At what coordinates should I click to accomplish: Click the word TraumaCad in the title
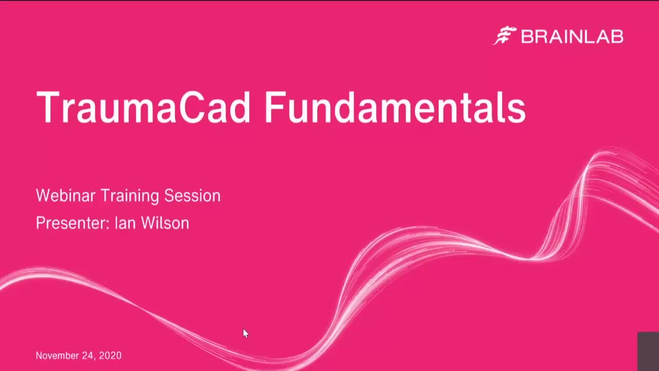pos(143,107)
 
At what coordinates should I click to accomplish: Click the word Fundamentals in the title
pos(394,107)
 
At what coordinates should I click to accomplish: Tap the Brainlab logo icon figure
pos(505,36)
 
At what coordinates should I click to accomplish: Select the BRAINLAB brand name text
pos(572,37)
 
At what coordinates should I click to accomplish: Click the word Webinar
pos(65,196)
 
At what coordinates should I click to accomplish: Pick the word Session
pos(192,196)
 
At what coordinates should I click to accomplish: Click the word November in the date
pos(56,356)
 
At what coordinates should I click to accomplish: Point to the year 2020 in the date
pos(110,356)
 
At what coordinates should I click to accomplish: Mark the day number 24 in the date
pos(88,356)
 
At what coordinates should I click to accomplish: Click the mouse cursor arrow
pos(246,333)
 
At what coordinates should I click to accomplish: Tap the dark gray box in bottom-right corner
pos(648,351)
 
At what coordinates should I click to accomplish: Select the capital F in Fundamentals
pos(274,107)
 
